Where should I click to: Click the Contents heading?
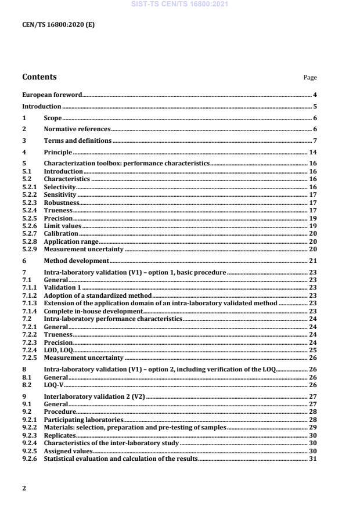pyautogui.click(x=39, y=77)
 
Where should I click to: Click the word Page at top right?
pyautogui.click(x=310, y=78)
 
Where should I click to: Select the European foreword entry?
pyautogui.click(x=52, y=95)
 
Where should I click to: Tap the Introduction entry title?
pyautogui.click(x=41, y=107)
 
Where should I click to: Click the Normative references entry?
pyautogui.click(x=77, y=129)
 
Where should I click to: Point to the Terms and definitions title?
pyautogui.click(x=78, y=141)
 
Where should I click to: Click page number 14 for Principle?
pyautogui.click(x=313, y=153)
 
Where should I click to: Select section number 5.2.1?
pyautogui.click(x=29, y=187)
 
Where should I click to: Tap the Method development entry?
pyautogui.click(x=76, y=261)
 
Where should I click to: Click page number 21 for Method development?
pyautogui.click(x=313, y=261)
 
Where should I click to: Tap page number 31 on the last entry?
pyautogui.click(x=313, y=459)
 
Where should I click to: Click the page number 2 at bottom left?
pyautogui.click(x=24, y=489)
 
